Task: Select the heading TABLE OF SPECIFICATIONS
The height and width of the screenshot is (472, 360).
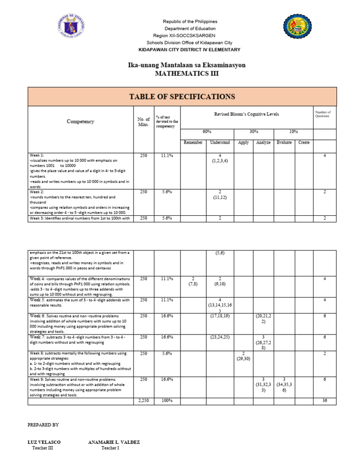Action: [182, 97]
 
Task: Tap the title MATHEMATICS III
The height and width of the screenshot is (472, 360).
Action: [187, 74]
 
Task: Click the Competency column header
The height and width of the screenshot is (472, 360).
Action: [80, 122]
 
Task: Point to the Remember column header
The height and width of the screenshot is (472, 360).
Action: [193, 143]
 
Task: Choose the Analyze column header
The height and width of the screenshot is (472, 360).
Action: [263, 143]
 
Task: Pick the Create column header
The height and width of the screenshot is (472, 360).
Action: [304, 143]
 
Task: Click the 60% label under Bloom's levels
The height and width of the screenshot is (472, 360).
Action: [207, 132]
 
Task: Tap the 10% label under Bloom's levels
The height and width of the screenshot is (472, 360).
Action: [293, 132]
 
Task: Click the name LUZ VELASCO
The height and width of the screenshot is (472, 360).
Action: [45, 442]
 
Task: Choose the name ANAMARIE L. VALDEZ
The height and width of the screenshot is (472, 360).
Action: [114, 442]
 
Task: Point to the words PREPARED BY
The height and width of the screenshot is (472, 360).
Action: [43, 425]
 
